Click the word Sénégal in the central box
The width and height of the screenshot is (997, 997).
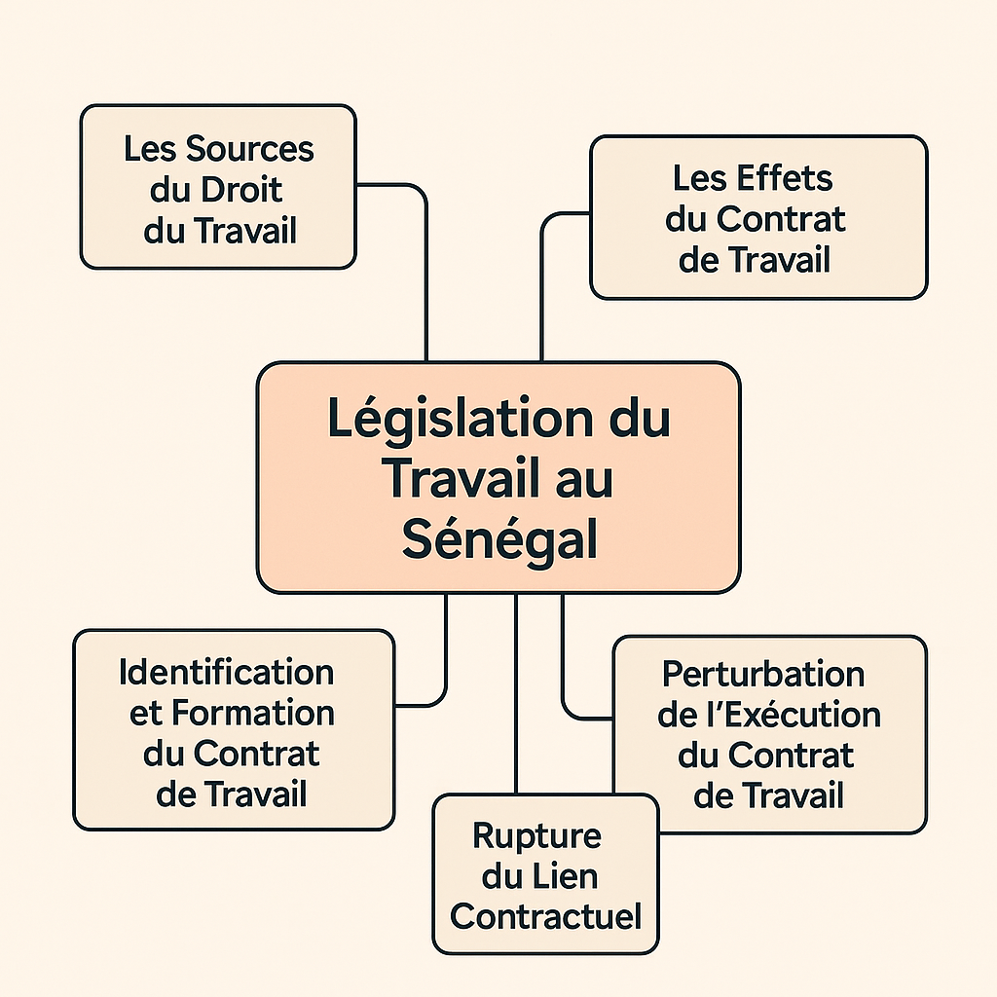(x=499, y=538)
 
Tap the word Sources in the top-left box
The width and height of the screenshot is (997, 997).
(x=250, y=149)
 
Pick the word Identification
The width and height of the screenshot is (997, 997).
(x=226, y=672)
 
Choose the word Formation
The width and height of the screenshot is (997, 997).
(x=252, y=713)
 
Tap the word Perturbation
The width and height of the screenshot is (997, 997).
(x=763, y=674)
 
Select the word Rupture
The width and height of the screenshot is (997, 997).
(x=536, y=836)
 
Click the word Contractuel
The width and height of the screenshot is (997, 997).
(x=545, y=917)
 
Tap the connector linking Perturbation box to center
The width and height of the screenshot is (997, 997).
(x=564, y=674)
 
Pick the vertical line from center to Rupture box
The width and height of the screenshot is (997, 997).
(x=516, y=693)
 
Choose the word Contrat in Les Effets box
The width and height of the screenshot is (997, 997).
(x=781, y=219)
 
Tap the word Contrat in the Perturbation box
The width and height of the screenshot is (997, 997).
(x=791, y=756)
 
